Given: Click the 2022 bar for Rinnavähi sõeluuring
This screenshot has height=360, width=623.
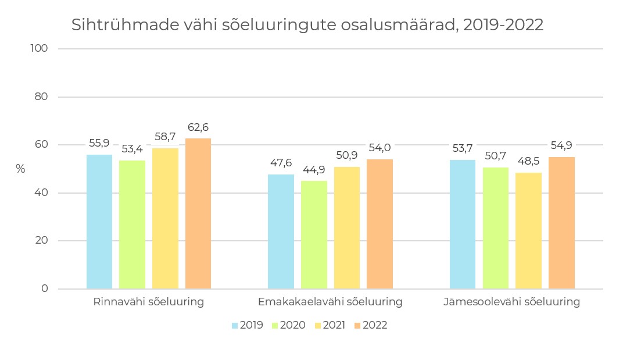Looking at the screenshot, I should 198,213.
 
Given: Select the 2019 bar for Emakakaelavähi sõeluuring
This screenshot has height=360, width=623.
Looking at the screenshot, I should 281,231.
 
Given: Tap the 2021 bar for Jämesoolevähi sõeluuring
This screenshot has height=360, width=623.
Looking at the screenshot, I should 528,230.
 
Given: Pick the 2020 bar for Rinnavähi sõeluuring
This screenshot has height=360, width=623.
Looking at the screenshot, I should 132,224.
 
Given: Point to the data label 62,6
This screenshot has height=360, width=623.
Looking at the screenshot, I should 198,127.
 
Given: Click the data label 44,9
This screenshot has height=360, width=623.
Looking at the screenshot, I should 314,170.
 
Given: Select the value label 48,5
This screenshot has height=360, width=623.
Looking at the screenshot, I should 528,162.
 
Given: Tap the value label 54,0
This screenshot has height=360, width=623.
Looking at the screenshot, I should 379,148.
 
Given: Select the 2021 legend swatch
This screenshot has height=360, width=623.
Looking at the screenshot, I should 318,326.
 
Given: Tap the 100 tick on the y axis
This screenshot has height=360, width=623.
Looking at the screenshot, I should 38,49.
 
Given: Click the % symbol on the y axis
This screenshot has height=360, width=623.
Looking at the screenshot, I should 20,169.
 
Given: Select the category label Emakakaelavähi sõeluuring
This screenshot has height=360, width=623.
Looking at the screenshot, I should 330,302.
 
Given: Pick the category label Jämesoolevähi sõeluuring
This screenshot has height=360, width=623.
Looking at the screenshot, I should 511,302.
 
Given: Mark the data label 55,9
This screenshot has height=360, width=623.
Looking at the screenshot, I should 99,143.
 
